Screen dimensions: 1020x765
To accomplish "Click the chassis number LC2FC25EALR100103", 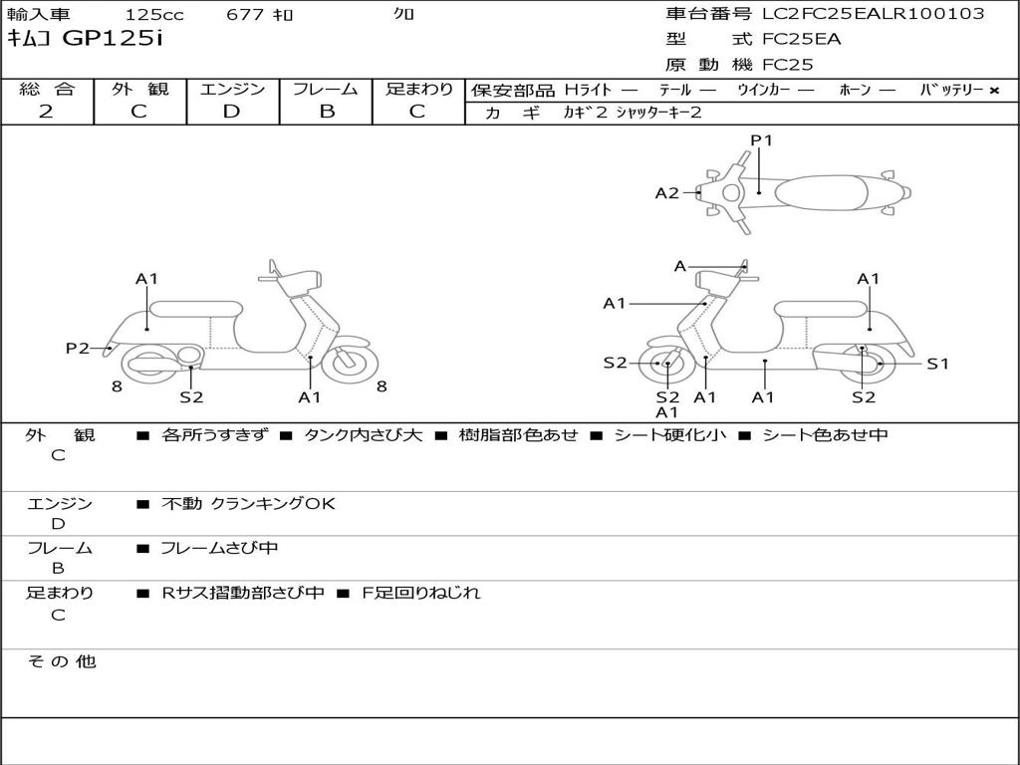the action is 873,14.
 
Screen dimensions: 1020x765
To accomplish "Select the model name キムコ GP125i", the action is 85,39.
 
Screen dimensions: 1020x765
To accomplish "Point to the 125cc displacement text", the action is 154,14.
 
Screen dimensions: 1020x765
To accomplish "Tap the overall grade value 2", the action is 46,112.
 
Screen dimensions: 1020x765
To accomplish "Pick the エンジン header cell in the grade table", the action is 232,89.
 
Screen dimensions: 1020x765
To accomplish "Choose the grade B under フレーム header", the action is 326,112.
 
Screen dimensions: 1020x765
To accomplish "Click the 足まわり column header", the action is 418,89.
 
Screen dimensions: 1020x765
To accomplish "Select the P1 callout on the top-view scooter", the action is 761,140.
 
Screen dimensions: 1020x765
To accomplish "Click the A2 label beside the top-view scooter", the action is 666,193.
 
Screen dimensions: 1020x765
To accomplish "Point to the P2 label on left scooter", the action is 78,348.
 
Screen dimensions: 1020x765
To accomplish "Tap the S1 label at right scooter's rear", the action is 937,364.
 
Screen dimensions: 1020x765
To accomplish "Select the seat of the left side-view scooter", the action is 196,309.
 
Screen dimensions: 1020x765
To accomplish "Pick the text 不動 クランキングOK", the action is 248,503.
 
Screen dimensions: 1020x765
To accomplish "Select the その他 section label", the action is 61,661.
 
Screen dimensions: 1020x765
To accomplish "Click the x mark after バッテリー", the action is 994,90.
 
